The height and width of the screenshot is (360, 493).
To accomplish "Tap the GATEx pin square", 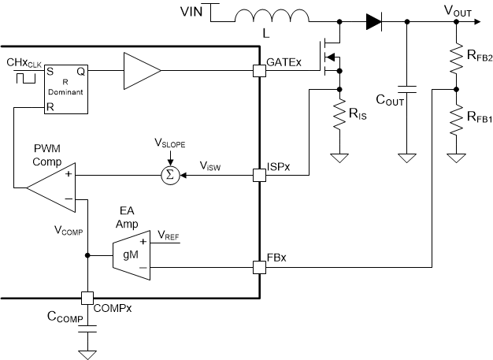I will pyautogui.click(x=259, y=70).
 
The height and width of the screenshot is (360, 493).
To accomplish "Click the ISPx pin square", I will pyautogui.click(x=259, y=174).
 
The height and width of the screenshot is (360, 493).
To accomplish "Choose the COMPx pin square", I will pyautogui.click(x=87, y=299).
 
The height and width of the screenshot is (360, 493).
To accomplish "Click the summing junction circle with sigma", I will pyautogui.click(x=170, y=174).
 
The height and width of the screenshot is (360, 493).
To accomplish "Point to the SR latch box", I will pyautogui.click(x=65, y=87).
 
